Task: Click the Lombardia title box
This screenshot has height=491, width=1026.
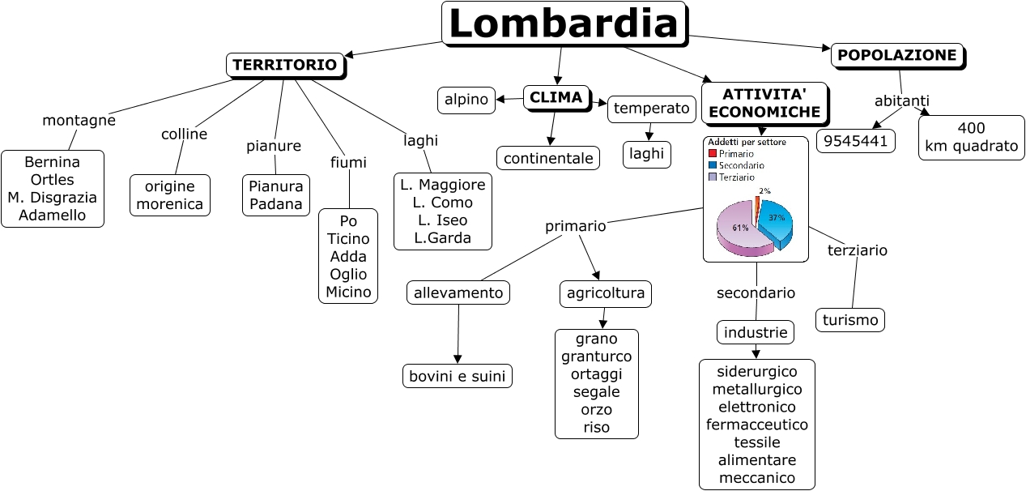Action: (564, 23)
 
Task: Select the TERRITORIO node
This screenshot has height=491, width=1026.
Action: (285, 66)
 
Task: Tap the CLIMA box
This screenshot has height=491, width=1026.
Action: (556, 98)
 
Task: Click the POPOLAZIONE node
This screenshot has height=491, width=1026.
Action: (898, 56)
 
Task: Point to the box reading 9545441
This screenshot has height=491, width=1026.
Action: (856, 141)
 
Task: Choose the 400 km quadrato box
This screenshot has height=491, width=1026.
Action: (972, 138)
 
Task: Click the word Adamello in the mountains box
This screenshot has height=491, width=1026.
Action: (52, 215)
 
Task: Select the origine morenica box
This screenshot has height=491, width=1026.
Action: (170, 194)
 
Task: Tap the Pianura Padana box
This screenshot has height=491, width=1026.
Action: (276, 194)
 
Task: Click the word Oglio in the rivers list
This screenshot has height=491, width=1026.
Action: (348, 274)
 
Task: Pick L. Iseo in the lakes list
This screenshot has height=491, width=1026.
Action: (442, 220)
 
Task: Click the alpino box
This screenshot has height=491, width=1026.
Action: (466, 100)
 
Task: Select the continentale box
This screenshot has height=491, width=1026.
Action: (548, 158)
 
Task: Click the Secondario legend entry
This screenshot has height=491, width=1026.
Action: (736, 165)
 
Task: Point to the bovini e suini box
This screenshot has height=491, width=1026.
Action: (457, 376)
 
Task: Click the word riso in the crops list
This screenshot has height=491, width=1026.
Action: (596, 427)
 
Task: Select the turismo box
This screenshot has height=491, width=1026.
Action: (850, 320)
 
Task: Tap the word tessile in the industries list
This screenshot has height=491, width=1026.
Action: (756, 442)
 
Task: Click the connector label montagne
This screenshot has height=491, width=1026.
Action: (79, 120)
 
